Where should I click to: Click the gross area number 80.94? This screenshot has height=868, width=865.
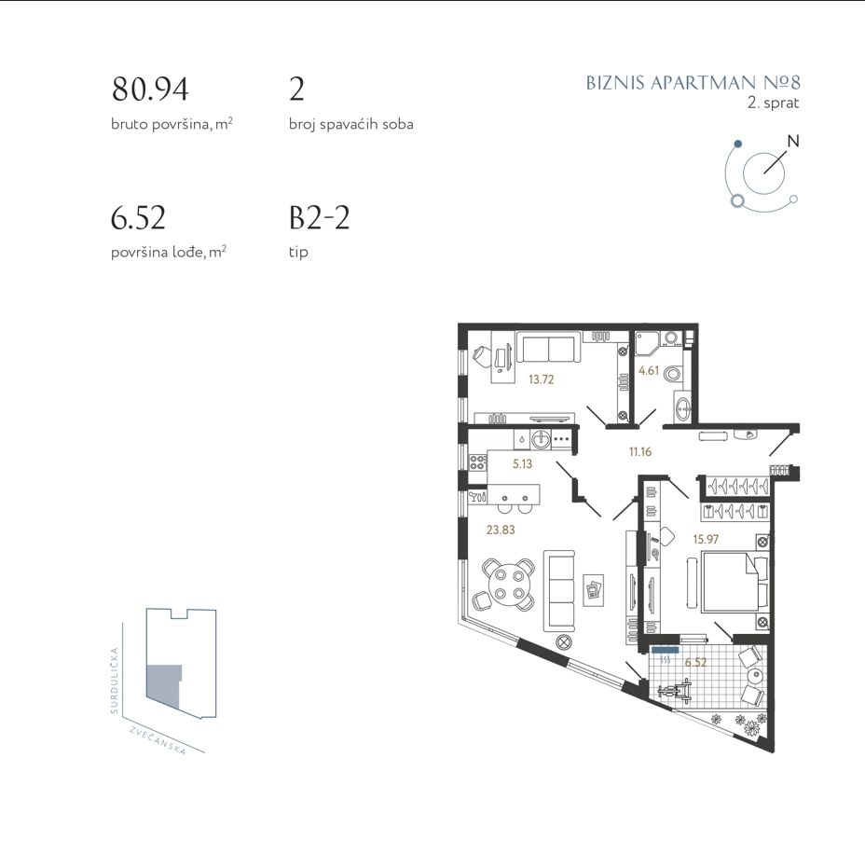pos(150,90)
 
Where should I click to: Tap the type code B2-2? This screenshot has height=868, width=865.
pos(320,217)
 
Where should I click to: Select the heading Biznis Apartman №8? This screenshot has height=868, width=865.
pos(693,83)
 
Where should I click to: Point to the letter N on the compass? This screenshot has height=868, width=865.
pos(793,141)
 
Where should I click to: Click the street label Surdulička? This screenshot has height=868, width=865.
pos(115,681)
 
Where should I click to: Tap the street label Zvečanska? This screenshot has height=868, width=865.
pos(158,740)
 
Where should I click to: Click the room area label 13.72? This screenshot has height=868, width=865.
pos(541,379)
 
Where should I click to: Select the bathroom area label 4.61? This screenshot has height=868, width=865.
pos(649,370)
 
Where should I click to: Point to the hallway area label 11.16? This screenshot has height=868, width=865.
pos(640,451)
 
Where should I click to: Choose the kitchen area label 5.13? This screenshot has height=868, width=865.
pos(522,464)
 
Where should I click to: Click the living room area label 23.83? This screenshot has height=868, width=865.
pos(501,530)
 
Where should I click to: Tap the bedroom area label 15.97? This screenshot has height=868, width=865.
pos(706,539)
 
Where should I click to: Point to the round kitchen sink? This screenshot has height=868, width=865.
pos(541,440)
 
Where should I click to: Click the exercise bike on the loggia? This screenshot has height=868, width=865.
pos(675,690)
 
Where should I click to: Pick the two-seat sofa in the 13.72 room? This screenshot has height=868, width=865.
pos(548,348)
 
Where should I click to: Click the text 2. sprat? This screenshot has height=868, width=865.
pos(773,103)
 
